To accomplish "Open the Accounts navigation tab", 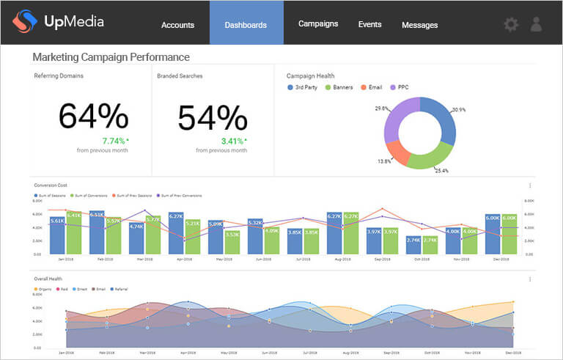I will (x=177, y=25).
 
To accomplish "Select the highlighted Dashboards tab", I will (x=246, y=25).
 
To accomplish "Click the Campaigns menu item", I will (x=318, y=23).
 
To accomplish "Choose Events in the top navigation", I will (x=369, y=24).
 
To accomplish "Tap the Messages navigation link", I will (x=419, y=25).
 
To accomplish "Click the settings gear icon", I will (x=511, y=24).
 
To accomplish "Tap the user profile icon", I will (x=537, y=24).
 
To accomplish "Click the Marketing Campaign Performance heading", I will (x=111, y=56).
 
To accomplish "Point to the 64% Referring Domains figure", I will (x=93, y=117).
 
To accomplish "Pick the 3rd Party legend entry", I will (x=304, y=87).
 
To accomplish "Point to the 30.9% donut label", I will (x=459, y=110).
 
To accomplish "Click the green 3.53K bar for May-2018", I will (x=232, y=242).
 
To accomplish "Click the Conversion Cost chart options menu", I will (x=529, y=185).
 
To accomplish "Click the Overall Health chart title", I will (x=48, y=279).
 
